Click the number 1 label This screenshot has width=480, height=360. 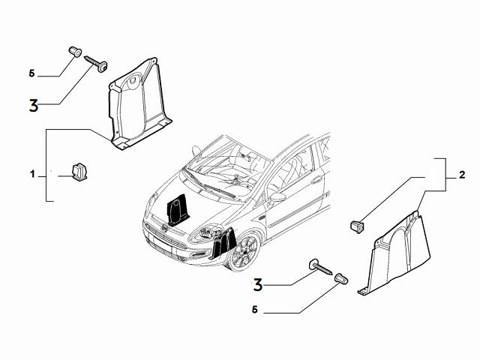point(32,174)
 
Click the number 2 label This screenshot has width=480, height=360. point(463,175)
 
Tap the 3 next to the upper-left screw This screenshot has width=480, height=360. point(33,104)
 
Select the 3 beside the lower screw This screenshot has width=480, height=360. point(258,284)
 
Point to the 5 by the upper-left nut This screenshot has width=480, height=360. point(31,73)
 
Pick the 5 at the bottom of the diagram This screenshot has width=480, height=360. point(254,310)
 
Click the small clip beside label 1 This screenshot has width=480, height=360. point(79,172)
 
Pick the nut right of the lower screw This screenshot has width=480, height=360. point(340,278)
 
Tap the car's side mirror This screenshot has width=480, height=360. point(277,197)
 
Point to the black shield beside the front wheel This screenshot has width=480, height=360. point(222,240)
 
